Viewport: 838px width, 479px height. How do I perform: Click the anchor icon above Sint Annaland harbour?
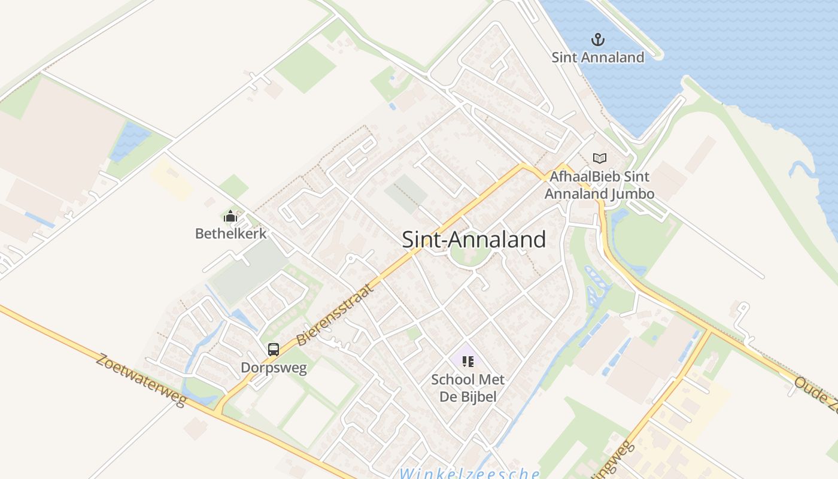[597, 40]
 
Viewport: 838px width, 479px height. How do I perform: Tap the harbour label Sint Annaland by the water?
[597, 57]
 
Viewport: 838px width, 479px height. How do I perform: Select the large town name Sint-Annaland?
[473, 239]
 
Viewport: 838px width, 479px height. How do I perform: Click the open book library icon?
[599, 158]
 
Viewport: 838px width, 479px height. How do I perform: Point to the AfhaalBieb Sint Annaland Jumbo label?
[599, 185]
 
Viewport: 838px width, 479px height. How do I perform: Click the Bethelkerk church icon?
[230, 216]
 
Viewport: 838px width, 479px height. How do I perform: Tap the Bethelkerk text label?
[230, 233]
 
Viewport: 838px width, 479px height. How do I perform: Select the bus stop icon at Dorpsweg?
[274, 349]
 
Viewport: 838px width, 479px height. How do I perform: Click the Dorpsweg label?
[274, 367]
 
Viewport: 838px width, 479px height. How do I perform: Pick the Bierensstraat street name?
[335, 314]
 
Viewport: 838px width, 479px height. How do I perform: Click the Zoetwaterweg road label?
[141, 379]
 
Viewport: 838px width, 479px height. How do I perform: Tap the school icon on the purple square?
[468, 361]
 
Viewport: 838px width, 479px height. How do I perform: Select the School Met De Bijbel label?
[468, 387]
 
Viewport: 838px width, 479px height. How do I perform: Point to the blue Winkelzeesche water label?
[470, 474]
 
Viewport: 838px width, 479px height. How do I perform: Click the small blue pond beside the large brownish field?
[129, 141]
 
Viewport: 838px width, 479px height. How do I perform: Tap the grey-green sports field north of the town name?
[406, 193]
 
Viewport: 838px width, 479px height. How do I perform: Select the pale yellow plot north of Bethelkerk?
[171, 178]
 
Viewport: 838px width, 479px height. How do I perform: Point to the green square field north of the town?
[306, 68]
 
